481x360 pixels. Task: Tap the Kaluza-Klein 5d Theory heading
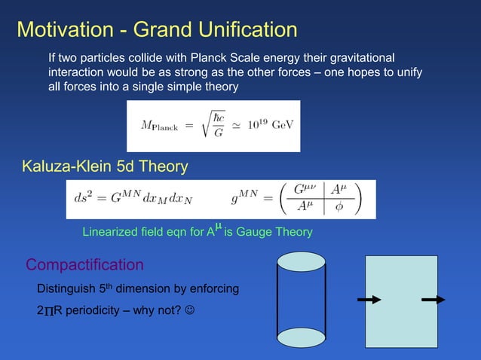[105, 166]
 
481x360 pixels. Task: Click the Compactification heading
[84, 264]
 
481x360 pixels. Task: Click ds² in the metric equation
[87, 199]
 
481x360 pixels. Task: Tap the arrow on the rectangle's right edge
[434, 300]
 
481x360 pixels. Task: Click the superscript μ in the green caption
[219, 226]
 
